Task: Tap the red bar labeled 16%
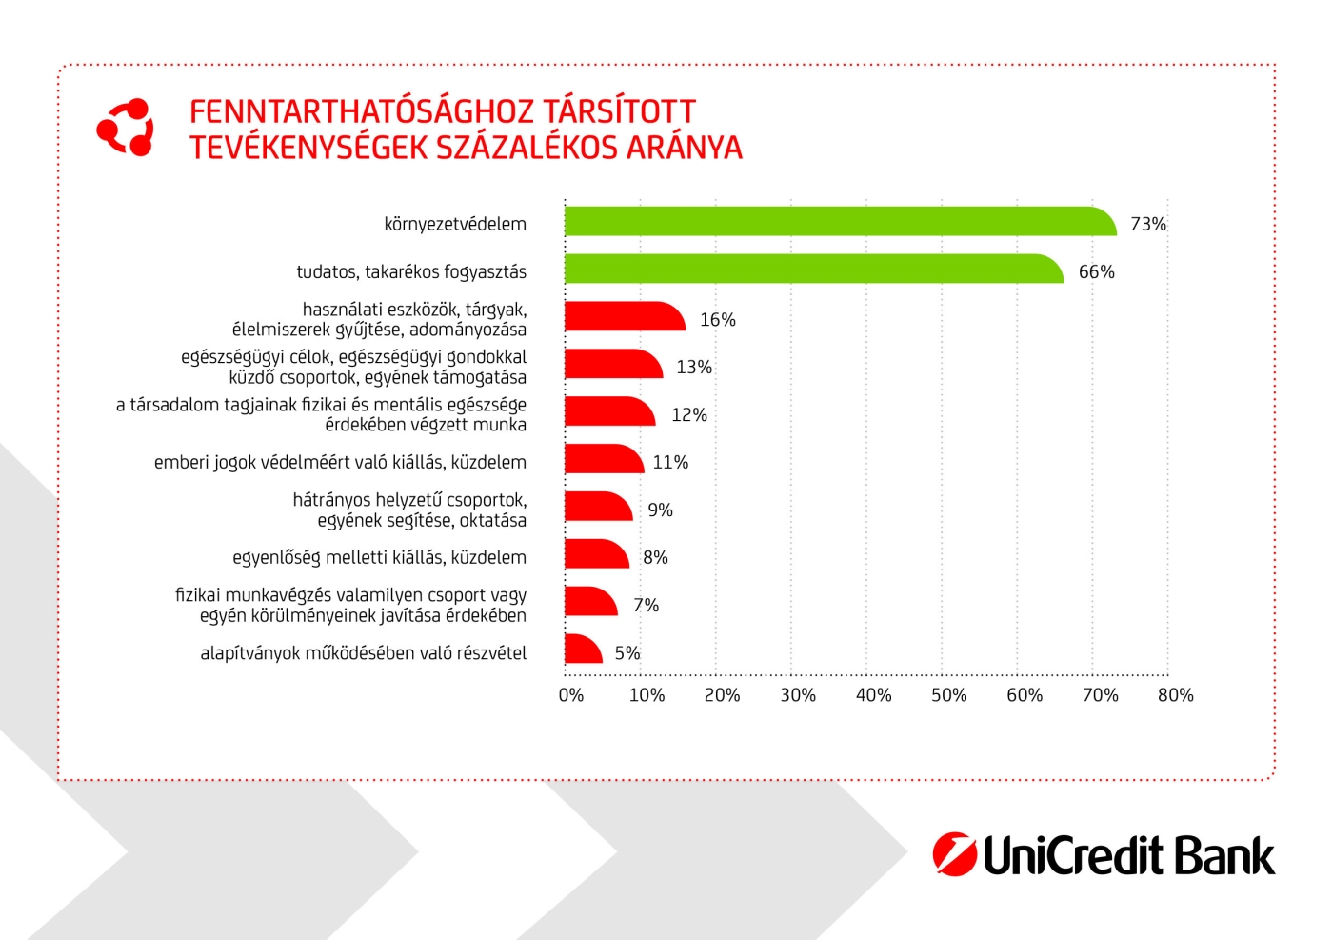(x=623, y=317)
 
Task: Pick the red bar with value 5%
(x=582, y=650)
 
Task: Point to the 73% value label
(x=1147, y=224)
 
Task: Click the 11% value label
(x=670, y=462)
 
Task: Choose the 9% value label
(x=660, y=510)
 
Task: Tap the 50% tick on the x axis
(x=948, y=695)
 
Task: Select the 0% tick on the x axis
(x=571, y=695)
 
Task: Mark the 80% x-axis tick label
(x=1175, y=695)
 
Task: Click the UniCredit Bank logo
(x=1103, y=854)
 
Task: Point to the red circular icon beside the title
(x=125, y=127)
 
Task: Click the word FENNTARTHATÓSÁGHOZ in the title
(x=362, y=111)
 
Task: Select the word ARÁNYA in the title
(x=684, y=148)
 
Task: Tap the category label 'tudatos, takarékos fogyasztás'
(x=411, y=271)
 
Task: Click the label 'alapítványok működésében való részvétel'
(x=363, y=652)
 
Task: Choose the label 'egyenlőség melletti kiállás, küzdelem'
(x=379, y=557)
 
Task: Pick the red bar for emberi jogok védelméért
(x=603, y=459)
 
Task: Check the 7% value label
(x=646, y=605)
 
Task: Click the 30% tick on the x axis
(x=798, y=695)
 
